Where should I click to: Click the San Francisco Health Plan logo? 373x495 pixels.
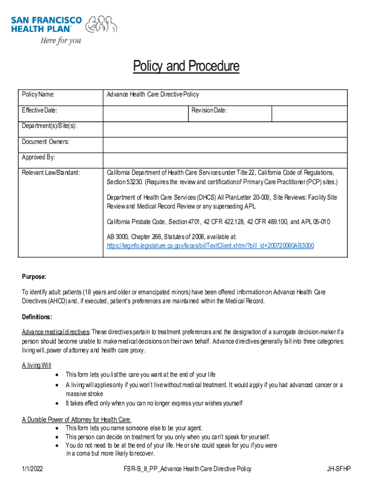click(64, 24)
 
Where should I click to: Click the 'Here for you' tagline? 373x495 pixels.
click(60, 41)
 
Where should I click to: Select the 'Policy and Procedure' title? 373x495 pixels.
click(186, 66)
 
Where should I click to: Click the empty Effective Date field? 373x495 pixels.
click(145, 114)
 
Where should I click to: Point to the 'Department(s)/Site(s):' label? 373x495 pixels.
click(49, 126)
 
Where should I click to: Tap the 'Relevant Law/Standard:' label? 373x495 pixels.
click(51, 173)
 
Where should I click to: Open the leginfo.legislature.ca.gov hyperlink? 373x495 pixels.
click(210, 246)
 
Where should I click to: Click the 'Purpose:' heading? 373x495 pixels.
click(34, 277)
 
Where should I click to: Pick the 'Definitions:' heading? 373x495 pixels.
click(37, 317)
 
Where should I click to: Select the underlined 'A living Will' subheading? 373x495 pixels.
click(36, 365)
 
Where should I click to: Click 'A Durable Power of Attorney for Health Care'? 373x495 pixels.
click(76, 419)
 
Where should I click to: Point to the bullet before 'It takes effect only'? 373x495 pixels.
click(58, 403)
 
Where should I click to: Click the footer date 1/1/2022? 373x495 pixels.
click(32, 469)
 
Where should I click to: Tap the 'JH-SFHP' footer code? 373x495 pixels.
click(339, 469)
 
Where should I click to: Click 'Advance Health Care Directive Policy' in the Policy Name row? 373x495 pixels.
click(153, 95)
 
